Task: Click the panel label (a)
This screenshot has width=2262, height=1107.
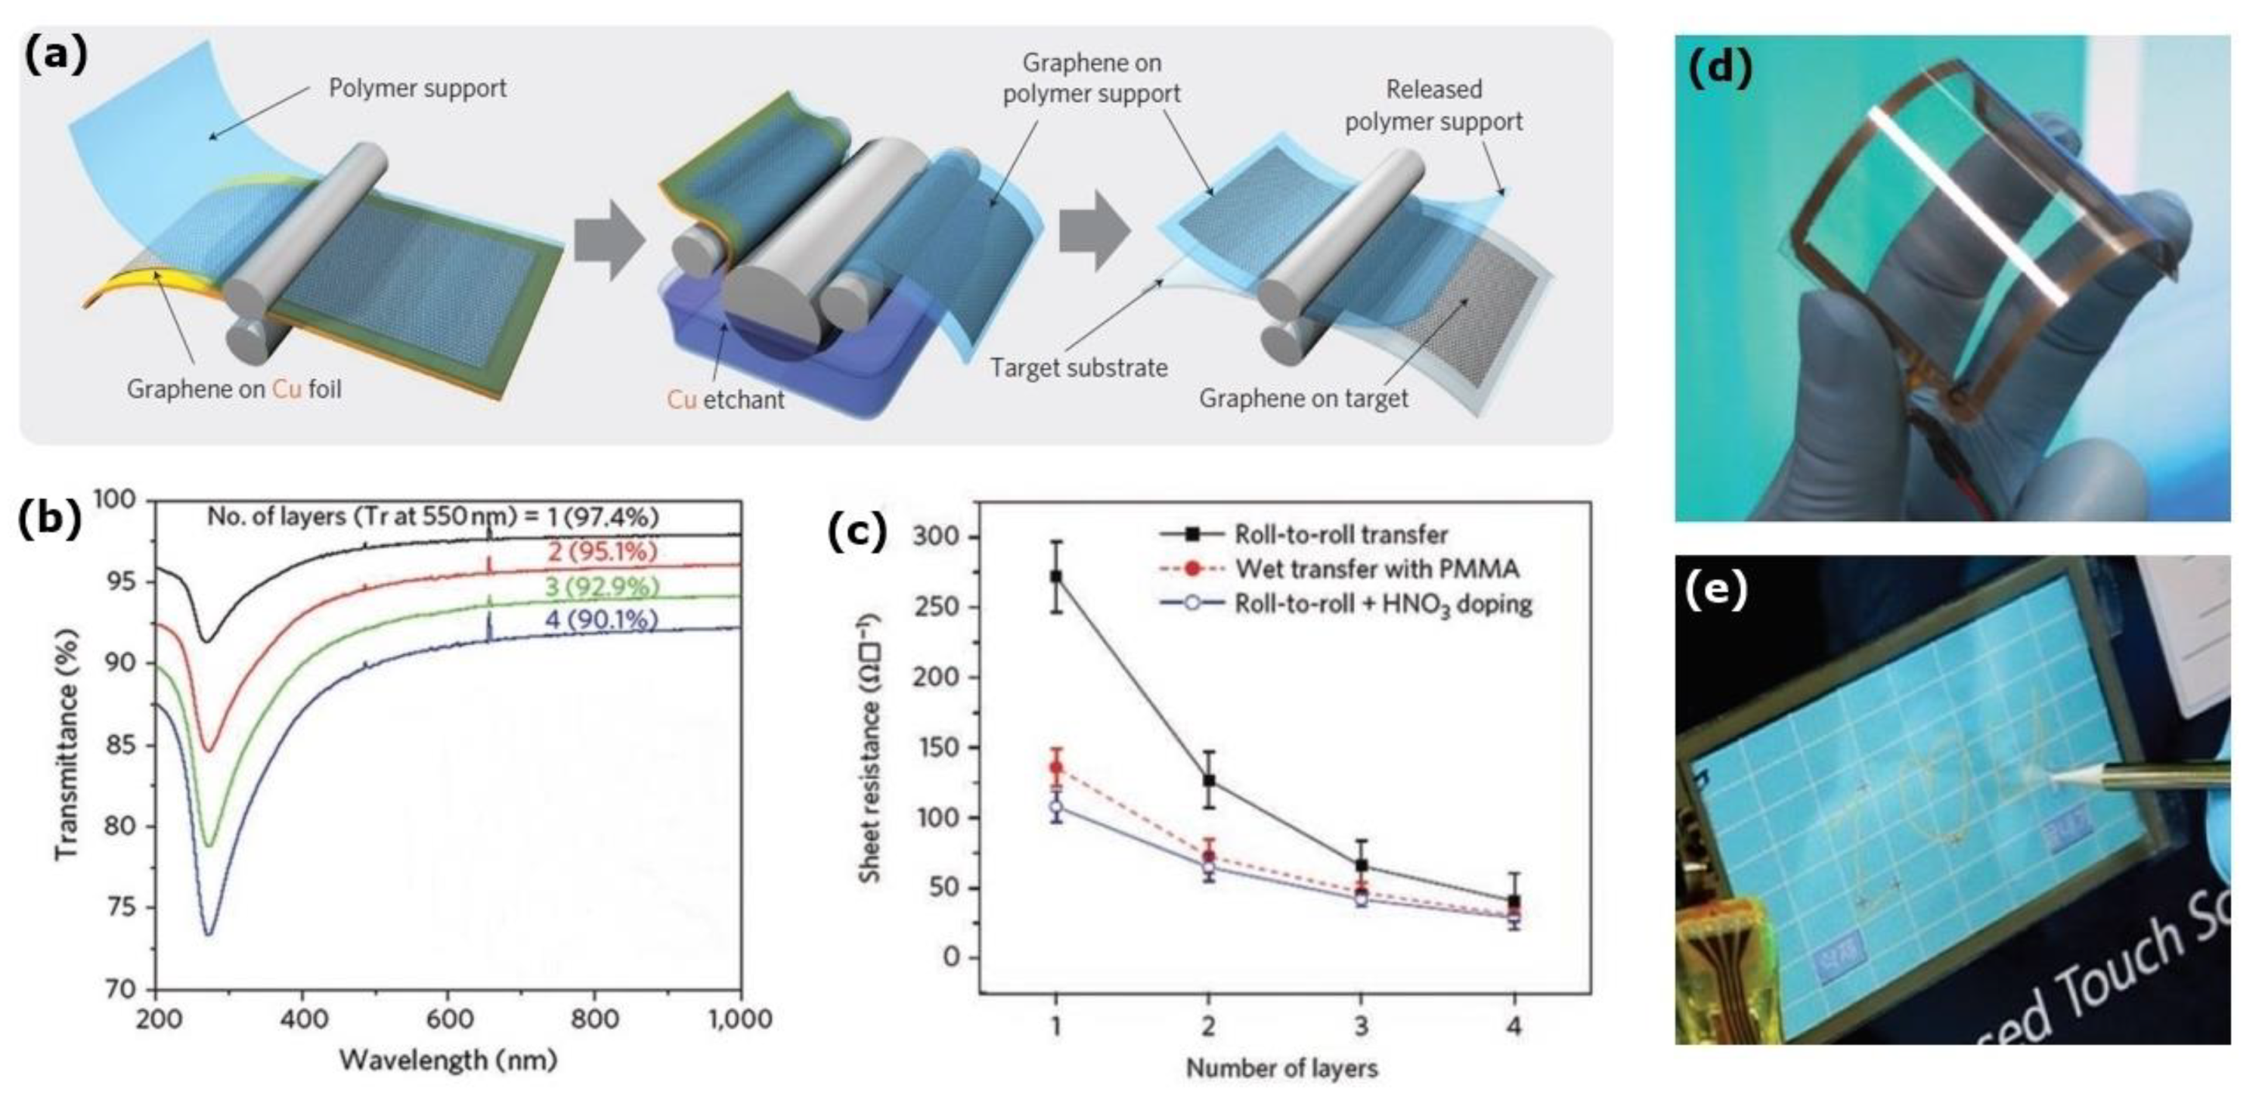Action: [55, 55]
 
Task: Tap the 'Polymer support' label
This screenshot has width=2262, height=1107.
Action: [417, 88]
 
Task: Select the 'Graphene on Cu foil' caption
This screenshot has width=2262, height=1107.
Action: [233, 389]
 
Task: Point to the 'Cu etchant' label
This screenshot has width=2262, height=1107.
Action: [726, 400]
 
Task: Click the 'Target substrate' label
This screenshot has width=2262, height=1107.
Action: [1078, 367]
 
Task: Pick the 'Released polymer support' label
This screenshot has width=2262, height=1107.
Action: [1433, 105]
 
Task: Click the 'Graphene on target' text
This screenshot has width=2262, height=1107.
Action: [1303, 398]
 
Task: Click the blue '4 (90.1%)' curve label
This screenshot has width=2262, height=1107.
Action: [602, 621]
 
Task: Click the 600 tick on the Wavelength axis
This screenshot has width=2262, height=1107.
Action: [449, 1019]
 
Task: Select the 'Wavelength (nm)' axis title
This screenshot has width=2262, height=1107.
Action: [448, 1060]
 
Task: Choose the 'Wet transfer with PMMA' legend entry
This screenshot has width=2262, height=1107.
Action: [1376, 569]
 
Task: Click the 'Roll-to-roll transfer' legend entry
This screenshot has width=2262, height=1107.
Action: [1341, 534]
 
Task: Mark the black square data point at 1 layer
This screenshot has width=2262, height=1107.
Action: [1057, 577]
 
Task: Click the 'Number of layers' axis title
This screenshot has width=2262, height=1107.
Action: [1281, 1068]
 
